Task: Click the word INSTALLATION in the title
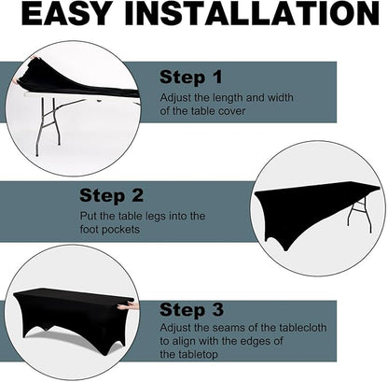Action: [252, 13]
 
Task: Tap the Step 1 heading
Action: [191, 77]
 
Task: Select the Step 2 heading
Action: [111, 196]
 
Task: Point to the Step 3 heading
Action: [191, 310]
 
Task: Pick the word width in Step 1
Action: [281, 97]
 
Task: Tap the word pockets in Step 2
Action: [120, 230]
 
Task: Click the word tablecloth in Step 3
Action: [302, 328]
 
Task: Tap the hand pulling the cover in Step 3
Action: [127, 306]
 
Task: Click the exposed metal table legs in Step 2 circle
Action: [360, 215]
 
